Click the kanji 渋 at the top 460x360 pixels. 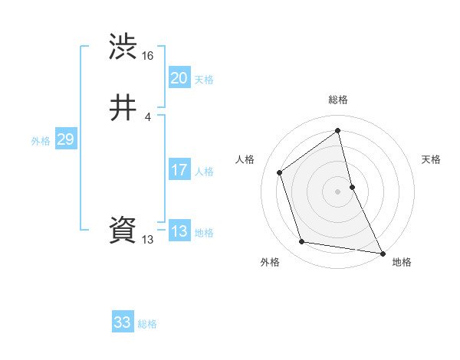point(123,47)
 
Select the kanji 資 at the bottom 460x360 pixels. point(123,231)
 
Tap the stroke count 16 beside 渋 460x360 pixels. point(148,56)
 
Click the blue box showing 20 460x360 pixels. point(179,78)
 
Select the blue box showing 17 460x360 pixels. point(179,170)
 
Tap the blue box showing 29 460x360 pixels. point(65,139)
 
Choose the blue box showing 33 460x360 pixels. point(123,322)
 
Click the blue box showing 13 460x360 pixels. point(179,231)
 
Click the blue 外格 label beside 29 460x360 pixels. point(41,141)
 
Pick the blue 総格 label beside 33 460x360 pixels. point(147,324)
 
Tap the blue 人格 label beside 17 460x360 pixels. point(204,172)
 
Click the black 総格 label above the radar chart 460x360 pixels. point(338,100)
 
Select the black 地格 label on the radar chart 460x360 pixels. point(402,262)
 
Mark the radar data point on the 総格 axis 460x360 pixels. point(338,130)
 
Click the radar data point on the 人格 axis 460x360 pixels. point(280,172)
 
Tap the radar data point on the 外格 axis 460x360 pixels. point(302,242)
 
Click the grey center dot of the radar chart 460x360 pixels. point(338,191)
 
